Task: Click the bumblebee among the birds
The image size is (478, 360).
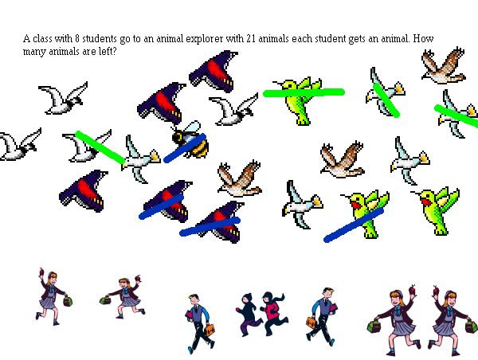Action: coord(190,139)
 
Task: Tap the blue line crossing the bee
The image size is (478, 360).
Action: coord(185,148)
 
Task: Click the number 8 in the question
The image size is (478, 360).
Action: coord(76,39)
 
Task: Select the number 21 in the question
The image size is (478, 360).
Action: coord(251,39)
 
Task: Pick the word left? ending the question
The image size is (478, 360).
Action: coord(108,51)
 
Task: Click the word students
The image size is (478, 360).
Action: coord(100,39)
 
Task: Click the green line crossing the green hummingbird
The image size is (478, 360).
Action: coord(304,92)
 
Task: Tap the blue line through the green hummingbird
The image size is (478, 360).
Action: coord(354,225)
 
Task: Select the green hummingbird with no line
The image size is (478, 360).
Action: coord(436,210)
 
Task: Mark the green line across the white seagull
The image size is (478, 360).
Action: coord(100,147)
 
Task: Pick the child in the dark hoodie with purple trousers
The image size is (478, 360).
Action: coord(249,315)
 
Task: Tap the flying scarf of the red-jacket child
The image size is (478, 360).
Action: coord(280,297)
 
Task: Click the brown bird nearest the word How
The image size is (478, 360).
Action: coord(444,65)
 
